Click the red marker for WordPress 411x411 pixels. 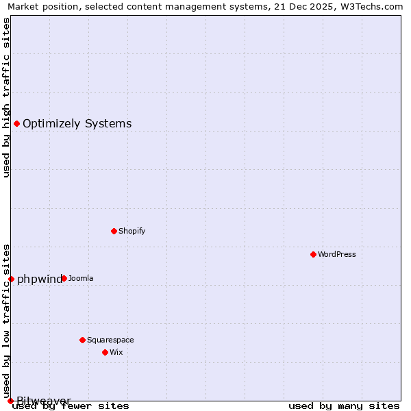click(313, 254)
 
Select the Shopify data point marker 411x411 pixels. click(114, 231)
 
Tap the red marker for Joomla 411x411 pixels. click(64, 278)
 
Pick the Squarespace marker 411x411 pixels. click(82, 340)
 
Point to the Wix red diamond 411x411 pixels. click(105, 352)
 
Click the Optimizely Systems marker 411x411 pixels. click(16, 123)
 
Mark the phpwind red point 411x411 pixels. click(11, 279)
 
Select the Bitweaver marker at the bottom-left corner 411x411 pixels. click(10, 401)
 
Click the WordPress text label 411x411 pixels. click(337, 254)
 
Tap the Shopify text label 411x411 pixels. click(132, 231)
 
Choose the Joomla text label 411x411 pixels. click(81, 278)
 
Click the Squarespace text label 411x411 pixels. click(110, 340)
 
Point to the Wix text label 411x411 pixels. click(116, 352)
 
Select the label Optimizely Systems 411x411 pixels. click(77, 123)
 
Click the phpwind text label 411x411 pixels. click(39, 279)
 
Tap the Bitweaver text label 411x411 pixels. click(44, 400)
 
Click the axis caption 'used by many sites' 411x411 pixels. click(344, 406)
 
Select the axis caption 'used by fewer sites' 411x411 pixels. click(71, 406)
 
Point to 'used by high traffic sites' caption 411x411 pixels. click(6, 97)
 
